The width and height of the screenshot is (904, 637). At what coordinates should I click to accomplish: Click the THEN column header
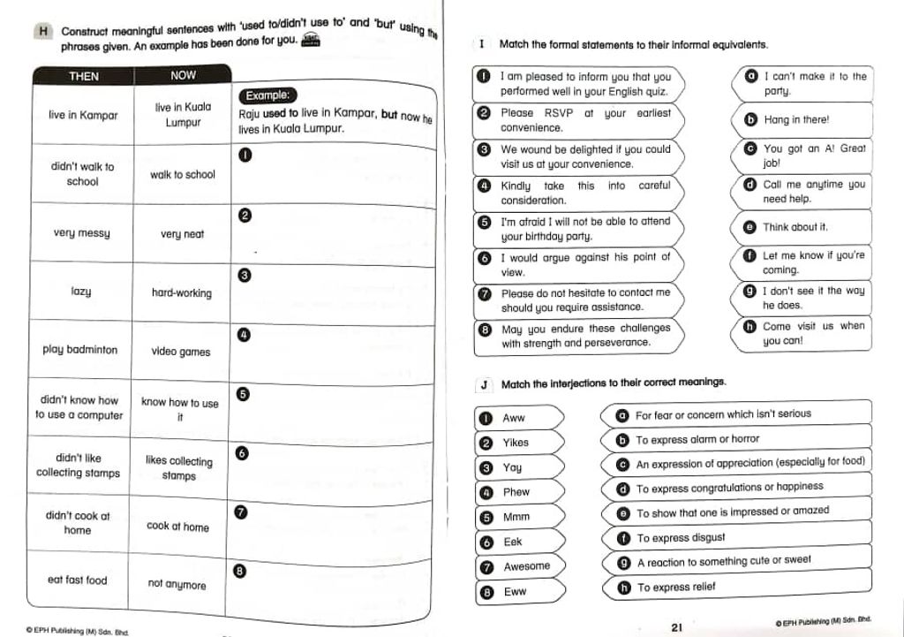83,76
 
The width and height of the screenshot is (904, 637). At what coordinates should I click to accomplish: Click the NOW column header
183,75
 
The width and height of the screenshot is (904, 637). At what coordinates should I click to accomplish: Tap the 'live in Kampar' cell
83,115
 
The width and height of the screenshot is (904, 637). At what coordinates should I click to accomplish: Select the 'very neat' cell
182,234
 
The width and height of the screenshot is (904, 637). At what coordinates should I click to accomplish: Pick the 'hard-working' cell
182,292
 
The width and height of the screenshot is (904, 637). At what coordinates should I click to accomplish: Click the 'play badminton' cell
79,349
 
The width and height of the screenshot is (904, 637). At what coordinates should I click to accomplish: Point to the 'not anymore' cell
177,584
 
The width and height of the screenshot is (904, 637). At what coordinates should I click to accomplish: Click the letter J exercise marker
484,384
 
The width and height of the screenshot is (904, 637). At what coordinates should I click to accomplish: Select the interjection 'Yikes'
516,443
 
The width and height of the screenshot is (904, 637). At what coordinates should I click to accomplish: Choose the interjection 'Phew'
516,492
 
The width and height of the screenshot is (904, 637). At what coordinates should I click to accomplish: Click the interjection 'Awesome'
526,566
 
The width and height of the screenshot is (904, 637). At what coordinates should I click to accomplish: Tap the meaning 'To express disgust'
681,537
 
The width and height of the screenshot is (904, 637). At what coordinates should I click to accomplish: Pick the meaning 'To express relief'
676,587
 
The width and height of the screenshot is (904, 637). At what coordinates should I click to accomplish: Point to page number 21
677,627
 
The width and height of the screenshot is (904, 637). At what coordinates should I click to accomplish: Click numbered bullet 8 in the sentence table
239,571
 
